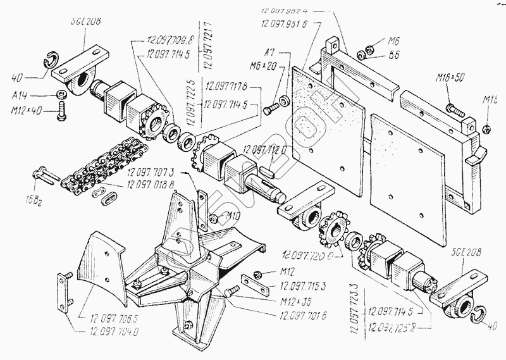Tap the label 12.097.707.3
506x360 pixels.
coord(151,171)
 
